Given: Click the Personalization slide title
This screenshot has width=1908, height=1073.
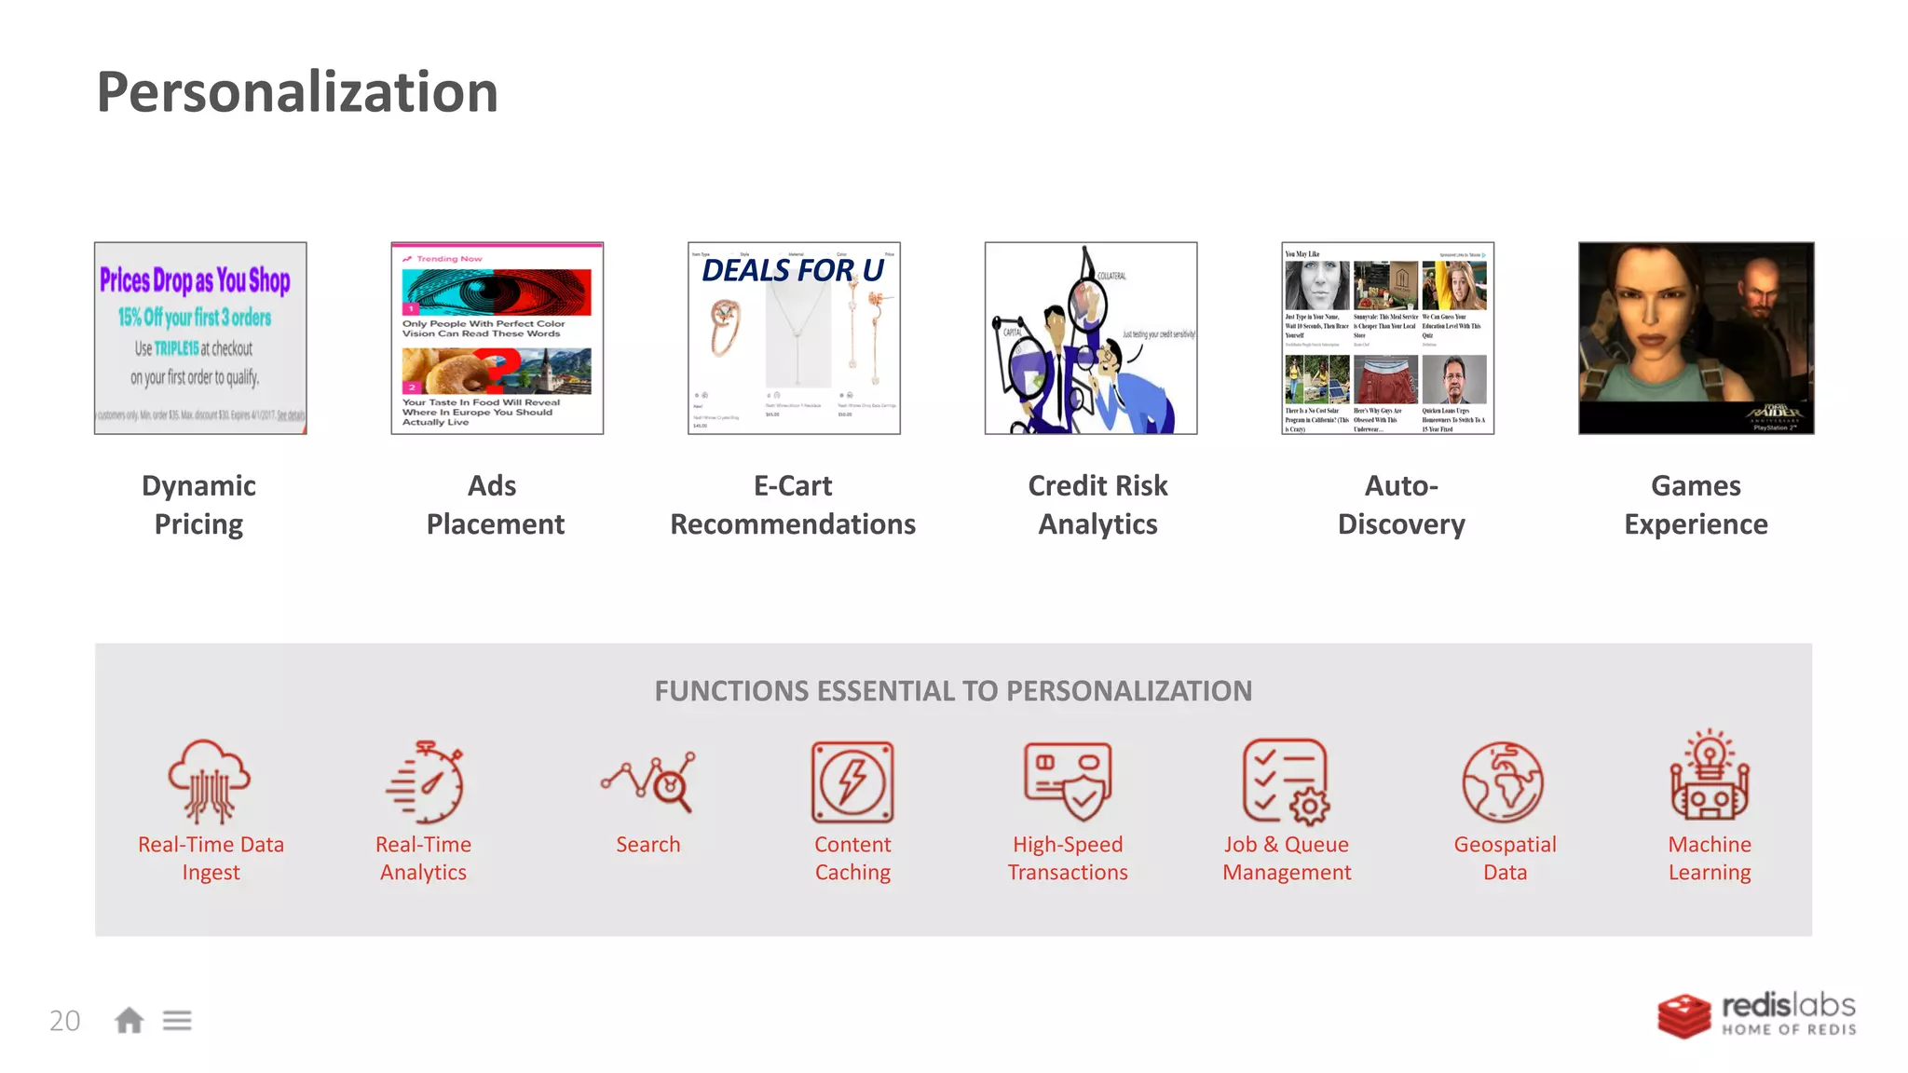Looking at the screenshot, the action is click(x=297, y=92).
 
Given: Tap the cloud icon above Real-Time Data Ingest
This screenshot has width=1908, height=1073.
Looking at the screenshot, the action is click(x=209, y=781).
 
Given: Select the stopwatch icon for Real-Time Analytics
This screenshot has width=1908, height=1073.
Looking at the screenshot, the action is click(x=426, y=782).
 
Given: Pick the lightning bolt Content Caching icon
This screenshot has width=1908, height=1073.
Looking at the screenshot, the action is click(x=852, y=782).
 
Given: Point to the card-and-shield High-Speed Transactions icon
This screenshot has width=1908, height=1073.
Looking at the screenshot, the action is click(x=1068, y=781).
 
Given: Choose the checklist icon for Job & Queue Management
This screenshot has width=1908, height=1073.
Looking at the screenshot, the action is click(x=1286, y=781).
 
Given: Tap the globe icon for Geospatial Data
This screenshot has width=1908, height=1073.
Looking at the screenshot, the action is click(x=1502, y=782).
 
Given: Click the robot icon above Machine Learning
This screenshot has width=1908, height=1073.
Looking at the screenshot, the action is click(x=1710, y=777).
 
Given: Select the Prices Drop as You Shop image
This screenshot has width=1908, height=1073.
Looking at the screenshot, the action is click(x=200, y=337).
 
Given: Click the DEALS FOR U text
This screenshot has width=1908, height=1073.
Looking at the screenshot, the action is click(x=792, y=270).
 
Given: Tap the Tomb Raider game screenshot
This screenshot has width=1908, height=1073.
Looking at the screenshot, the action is click(x=1696, y=337).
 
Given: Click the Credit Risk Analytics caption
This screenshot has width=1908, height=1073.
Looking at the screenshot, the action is click(x=1097, y=505).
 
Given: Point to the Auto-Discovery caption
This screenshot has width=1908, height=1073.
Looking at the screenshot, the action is click(x=1401, y=505).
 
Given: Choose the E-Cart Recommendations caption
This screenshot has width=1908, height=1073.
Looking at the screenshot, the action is click(x=793, y=505).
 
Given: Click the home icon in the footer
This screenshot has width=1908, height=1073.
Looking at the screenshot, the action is click(x=129, y=1021).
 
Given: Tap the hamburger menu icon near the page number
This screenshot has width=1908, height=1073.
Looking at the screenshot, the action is click(x=177, y=1021).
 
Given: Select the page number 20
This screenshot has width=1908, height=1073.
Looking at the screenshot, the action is click(x=65, y=1021).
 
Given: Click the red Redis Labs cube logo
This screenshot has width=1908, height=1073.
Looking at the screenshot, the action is click(x=1683, y=1015).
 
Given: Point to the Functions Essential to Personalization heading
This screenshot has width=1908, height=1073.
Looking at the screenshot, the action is click(x=953, y=691).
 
